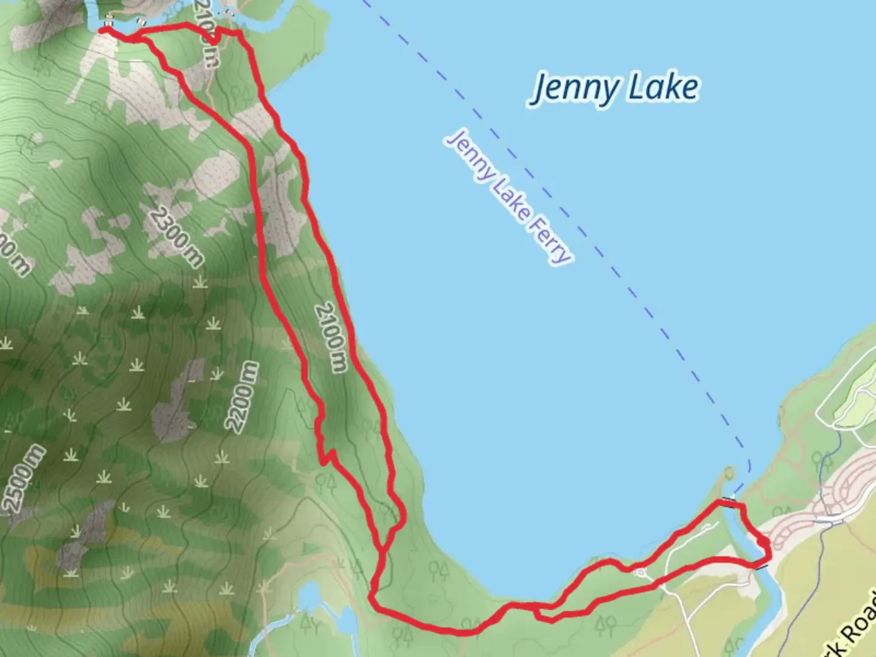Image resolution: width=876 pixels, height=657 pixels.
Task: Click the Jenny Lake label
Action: pos(616,88)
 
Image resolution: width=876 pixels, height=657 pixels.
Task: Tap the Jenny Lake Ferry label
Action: pos(509,196)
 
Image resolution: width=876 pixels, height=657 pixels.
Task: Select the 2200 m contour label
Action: pos(242,396)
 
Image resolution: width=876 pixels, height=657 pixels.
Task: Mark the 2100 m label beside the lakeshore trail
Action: pos(331,337)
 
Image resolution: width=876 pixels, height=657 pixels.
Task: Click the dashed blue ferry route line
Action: pos(608,255)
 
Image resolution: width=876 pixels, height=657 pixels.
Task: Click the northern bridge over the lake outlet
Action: pos(728,501)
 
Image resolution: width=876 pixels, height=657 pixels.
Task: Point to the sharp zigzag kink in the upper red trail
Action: pos(327,456)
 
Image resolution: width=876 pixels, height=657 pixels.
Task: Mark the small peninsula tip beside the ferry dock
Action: pos(730,471)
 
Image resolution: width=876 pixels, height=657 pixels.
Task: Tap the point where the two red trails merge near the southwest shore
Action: pos(382,551)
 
